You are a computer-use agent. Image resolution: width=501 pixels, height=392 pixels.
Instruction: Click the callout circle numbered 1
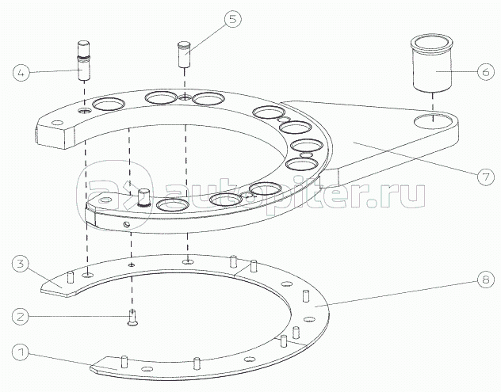(x=21, y=352)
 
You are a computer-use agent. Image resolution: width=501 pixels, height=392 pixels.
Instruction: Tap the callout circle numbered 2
(x=21, y=317)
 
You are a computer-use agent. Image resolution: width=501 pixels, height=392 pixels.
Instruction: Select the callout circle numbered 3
(x=21, y=265)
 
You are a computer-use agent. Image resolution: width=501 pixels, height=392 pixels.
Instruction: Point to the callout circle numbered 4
(x=21, y=73)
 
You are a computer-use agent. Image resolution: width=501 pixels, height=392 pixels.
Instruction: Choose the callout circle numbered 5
(x=232, y=19)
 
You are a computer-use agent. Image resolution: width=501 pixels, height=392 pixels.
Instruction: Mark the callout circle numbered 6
(x=486, y=71)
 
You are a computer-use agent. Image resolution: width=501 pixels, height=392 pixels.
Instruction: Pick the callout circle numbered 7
(x=486, y=177)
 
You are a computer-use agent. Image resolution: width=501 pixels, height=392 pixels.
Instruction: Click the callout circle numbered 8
(x=486, y=280)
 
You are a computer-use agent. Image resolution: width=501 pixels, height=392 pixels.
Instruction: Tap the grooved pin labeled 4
(x=84, y=60)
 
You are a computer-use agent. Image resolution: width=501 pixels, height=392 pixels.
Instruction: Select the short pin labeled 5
(x=185, y=54)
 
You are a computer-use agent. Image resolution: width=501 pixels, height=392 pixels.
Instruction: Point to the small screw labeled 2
(x=132, y=318)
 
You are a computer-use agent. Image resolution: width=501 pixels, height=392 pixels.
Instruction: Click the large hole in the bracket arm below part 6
(x=434, y=121)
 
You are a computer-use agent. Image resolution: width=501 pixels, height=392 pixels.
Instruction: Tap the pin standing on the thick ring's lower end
(x=143, y=198)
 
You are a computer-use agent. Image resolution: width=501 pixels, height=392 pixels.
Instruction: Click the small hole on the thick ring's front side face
(x=127, y=224)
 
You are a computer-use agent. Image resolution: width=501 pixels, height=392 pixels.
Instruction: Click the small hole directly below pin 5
(x=185, y=97)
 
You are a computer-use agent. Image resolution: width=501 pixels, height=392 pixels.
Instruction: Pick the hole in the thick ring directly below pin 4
(x=85, y=110)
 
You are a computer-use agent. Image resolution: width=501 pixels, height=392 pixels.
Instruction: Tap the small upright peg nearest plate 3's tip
(x=71, y=277)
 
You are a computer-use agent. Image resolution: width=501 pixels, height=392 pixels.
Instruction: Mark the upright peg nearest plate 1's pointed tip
(x=125, y=362)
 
